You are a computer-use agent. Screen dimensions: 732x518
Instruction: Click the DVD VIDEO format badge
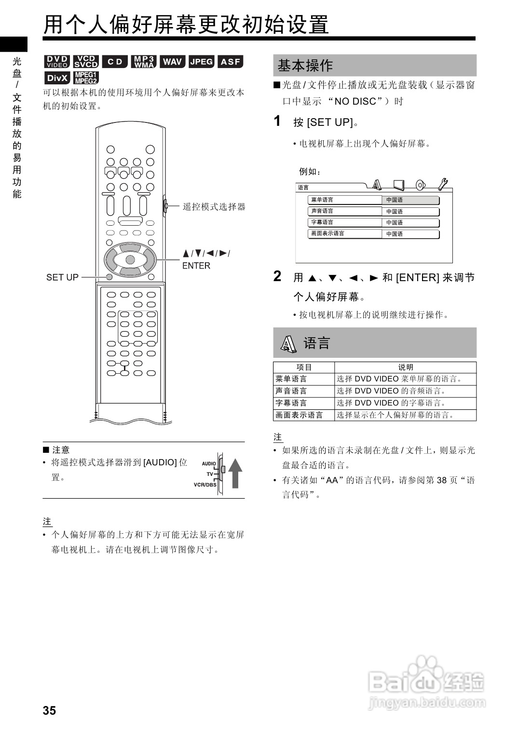57,62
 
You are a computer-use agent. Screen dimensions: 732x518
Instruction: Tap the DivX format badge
57,78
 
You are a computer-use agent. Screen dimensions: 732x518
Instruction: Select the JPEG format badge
201,62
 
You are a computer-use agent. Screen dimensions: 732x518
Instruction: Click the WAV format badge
172,62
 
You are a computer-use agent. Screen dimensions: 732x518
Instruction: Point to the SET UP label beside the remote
62,277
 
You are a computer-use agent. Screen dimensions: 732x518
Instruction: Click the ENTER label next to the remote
196,266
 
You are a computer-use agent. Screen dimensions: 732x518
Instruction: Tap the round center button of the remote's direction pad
130,260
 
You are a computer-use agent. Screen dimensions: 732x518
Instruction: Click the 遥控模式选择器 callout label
214,207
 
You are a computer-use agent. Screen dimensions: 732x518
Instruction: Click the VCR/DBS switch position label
204,485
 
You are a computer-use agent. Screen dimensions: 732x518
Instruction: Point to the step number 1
277,121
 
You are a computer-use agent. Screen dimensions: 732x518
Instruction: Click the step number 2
277,276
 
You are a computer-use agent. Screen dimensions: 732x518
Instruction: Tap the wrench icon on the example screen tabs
442,184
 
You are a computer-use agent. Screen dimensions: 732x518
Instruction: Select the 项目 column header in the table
304,367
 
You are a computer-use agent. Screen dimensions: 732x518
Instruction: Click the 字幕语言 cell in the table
291,403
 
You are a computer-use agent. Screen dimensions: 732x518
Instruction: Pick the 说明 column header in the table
405,367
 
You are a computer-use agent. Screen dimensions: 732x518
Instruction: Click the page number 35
49,710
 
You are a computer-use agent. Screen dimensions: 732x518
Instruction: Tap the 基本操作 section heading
305,66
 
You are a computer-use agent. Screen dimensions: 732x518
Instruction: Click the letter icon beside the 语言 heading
288,343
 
